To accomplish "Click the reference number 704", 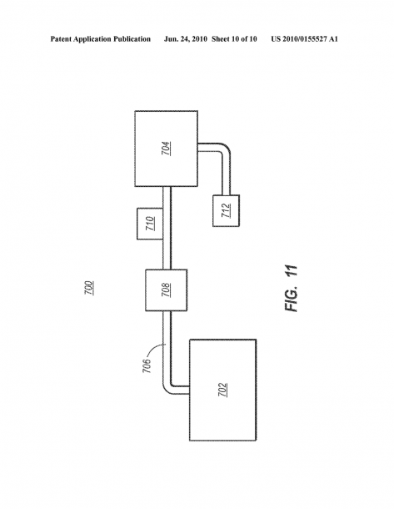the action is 167,149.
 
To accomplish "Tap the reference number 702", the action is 222,390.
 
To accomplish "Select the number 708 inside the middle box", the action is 166,290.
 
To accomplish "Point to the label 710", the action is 150,224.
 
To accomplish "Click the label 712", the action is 226,210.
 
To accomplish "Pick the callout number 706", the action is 147,365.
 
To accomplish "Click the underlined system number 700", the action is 89,288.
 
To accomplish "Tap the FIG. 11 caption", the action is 292,289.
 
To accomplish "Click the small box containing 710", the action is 150,224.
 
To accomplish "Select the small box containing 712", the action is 227,210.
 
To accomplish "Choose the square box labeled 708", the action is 167,290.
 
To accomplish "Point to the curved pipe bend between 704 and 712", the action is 225,149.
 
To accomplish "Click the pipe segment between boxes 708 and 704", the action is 167,228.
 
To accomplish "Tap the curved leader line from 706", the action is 156,349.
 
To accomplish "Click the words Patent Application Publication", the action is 101,39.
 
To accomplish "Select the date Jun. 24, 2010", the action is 185,39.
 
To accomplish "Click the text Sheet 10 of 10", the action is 234,39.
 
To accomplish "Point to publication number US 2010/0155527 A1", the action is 305,39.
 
